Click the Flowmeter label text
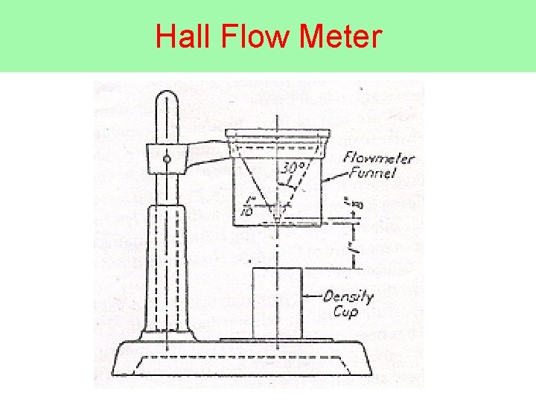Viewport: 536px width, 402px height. (x=380, y=159)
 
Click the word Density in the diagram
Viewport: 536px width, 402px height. (x=348, y=297)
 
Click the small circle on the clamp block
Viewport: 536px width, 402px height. (x=167, y=158)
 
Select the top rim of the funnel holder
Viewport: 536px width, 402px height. (x=277, y=134)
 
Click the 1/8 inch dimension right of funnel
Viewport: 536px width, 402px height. (x=350, y=202)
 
